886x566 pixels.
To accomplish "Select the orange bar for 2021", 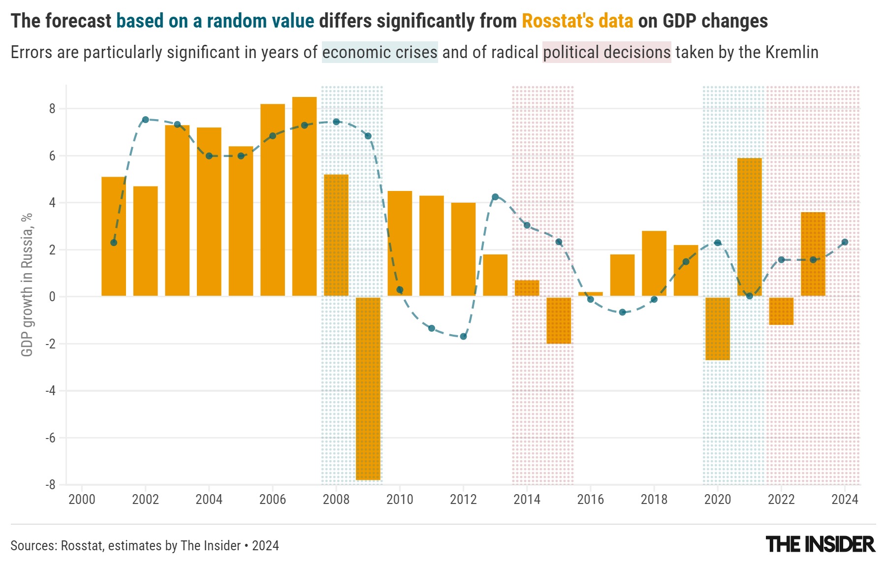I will (x=750, y=227).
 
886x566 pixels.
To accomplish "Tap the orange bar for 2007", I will (x=304, y=196).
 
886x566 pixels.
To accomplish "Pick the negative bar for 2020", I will (x=718, y=328).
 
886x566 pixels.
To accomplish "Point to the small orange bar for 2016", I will (x=591, y=294).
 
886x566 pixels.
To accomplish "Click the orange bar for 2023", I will (x=813, y=254).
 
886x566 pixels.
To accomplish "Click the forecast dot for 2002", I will (x=146, y=120).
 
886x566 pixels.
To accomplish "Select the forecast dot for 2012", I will (x=463, y=337).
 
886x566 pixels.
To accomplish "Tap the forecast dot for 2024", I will (x=845, y=242).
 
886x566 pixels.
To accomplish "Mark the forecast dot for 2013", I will (x=495, y=197).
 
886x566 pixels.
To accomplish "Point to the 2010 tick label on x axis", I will (x=400, y=500).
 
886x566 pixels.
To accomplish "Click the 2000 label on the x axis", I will (x=82, y=500).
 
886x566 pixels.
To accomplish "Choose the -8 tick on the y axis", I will (x=50, y=485).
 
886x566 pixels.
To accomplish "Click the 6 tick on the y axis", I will (x=52, y=156).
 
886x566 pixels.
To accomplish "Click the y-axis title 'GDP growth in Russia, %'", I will (x=27, y=284).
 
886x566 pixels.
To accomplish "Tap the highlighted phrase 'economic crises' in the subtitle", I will (x=380, y=52).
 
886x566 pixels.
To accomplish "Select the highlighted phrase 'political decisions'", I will (x=606, y=52).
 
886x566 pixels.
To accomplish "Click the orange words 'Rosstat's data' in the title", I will (x=577, y=21).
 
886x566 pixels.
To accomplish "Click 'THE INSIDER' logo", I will (x=821, y=545).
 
